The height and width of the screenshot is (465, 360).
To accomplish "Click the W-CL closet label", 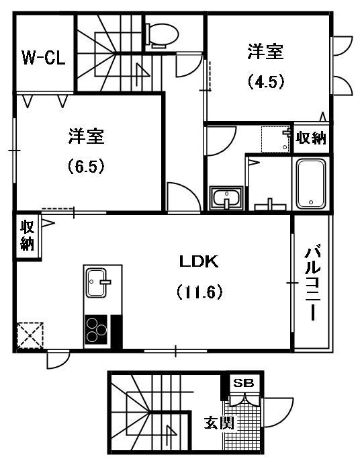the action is (44, 58).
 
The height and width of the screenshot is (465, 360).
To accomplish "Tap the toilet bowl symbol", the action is (162, 35).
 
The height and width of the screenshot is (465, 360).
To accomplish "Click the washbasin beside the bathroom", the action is (226, 198).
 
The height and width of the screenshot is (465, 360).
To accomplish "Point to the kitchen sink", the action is (96, 282).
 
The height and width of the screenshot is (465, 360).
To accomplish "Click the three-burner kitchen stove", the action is (96, 329).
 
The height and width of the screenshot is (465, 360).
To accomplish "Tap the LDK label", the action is (199, 261).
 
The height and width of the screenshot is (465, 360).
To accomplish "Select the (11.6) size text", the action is (199, 292).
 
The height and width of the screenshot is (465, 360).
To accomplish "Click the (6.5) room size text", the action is (86, 166).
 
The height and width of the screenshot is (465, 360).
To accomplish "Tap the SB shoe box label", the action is (244, 383).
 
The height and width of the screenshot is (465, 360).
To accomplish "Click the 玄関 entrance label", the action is (219, 423).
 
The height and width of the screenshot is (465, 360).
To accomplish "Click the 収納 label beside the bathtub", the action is (311, 138).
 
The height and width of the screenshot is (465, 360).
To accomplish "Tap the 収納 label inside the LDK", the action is (28, 236).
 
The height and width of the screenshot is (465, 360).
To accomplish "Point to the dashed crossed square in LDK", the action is (30, 335).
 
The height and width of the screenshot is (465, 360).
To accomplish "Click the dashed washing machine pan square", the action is (275, 139).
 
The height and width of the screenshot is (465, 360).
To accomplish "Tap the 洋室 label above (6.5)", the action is (86, 136).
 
